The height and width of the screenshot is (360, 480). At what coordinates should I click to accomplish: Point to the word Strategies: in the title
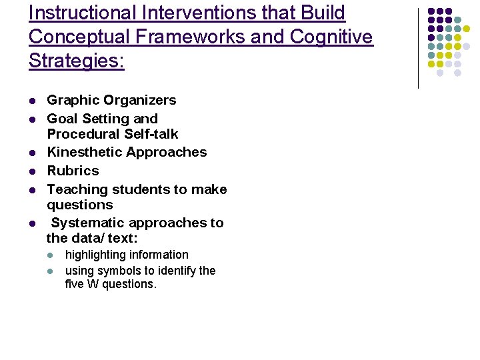77,61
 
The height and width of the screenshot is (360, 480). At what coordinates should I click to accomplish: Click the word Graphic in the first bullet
69,101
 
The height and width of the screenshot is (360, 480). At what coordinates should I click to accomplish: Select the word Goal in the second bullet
61,119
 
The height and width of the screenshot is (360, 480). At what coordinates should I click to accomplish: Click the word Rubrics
73,171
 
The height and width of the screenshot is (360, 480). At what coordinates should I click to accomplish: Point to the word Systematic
87,223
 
